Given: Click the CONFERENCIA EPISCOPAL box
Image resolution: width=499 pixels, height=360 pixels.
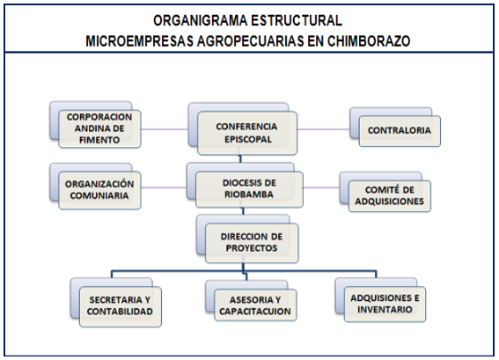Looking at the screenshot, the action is [247, 133].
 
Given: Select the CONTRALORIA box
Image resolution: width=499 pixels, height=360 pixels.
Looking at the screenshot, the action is [400, 131].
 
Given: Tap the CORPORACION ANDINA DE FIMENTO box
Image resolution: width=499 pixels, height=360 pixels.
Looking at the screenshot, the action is [100, 129].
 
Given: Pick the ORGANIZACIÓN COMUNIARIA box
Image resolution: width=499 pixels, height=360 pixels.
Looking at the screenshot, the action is [100, 190].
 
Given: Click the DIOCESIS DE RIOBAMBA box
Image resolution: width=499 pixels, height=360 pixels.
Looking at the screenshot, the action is [249, 189].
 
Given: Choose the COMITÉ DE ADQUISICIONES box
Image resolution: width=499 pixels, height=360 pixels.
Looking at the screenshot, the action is [390, 195].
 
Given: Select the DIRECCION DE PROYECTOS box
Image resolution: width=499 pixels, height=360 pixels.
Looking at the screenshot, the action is [252, 243].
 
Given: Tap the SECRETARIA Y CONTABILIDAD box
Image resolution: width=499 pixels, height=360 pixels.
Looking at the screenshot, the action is [121, 306].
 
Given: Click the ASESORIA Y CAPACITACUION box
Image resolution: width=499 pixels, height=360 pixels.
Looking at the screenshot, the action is [255, 305].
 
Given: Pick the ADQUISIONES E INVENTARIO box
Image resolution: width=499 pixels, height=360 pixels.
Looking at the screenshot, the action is [385, 304].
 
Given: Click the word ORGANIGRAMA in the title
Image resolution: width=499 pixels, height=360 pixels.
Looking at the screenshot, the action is [200, 21].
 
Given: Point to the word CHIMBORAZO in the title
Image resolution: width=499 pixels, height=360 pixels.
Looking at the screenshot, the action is [369, 41].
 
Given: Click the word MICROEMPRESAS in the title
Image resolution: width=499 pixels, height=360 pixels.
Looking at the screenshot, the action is [139, 41].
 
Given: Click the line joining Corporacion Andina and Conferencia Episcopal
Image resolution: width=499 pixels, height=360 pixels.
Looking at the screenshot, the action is [165, 129].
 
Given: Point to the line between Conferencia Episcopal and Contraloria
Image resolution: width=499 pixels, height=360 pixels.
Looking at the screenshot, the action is [324, 129].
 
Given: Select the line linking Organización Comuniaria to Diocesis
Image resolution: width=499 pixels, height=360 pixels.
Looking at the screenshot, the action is [164, 187].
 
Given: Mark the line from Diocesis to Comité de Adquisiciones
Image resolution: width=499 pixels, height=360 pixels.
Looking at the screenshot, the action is [321, 187].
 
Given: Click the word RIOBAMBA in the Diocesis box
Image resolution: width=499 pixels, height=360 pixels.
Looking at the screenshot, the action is [249, 195].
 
